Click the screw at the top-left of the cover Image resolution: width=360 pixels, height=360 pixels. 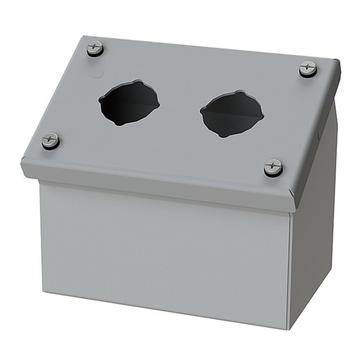[x=95, y=49]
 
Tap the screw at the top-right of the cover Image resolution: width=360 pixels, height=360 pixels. [x=307, y=69]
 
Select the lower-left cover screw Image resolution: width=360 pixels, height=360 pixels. [x=50, y=141]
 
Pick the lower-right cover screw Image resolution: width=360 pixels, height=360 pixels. [x=274, y=167]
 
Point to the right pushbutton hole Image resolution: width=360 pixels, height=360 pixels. [x=231, y=113]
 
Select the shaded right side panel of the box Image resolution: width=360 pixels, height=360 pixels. [x=313, y=232]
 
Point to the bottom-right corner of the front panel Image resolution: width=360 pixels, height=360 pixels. [x=288, y=328]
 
